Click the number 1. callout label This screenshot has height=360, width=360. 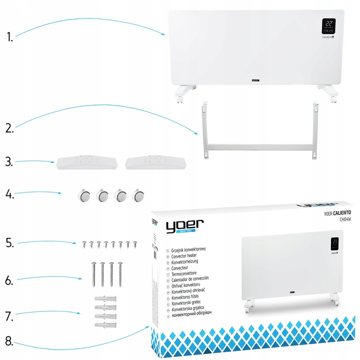point(8,36)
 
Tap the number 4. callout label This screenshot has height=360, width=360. point(9,193)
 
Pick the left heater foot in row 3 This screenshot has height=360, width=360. point(86,162)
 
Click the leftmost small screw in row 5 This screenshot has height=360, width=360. point(85,244)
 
